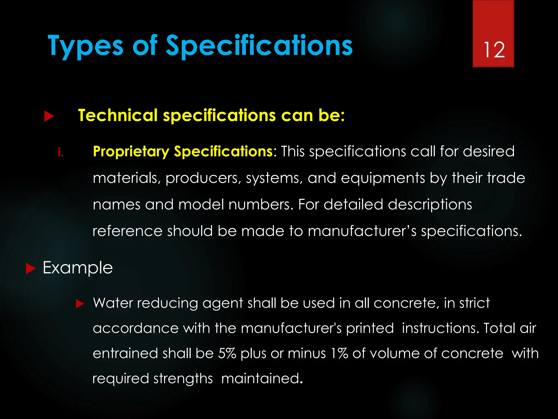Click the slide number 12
point(494,50)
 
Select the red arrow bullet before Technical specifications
point(49,116)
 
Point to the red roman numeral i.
point(60,152)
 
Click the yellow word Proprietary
point(131,152)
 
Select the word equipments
point(383,178)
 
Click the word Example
point(78,268)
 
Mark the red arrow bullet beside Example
point(31,269)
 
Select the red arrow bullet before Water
point(80,304)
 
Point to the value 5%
point(227,354)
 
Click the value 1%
point(339,354)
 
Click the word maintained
point(262,379)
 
